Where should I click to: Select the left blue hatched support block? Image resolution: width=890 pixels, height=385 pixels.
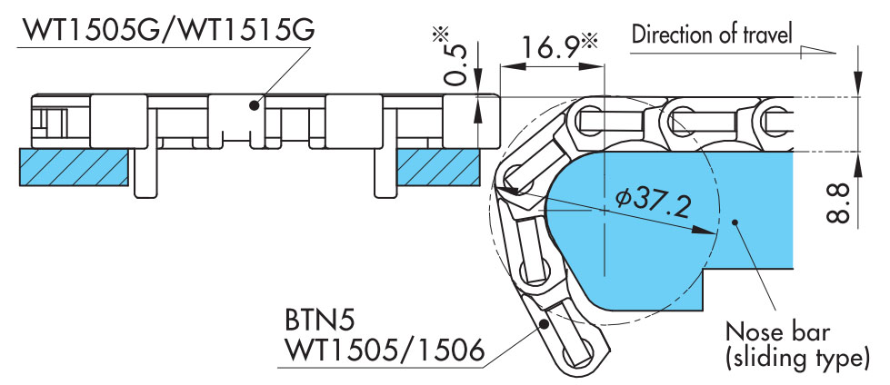74,167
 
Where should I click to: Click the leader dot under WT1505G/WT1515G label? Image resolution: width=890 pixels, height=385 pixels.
255,105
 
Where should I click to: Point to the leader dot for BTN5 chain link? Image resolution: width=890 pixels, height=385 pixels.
543,322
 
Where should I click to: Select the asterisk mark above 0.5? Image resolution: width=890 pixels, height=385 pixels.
443,35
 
